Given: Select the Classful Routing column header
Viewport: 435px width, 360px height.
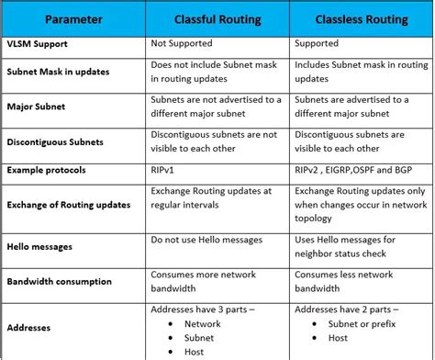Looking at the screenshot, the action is click(217, 18).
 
